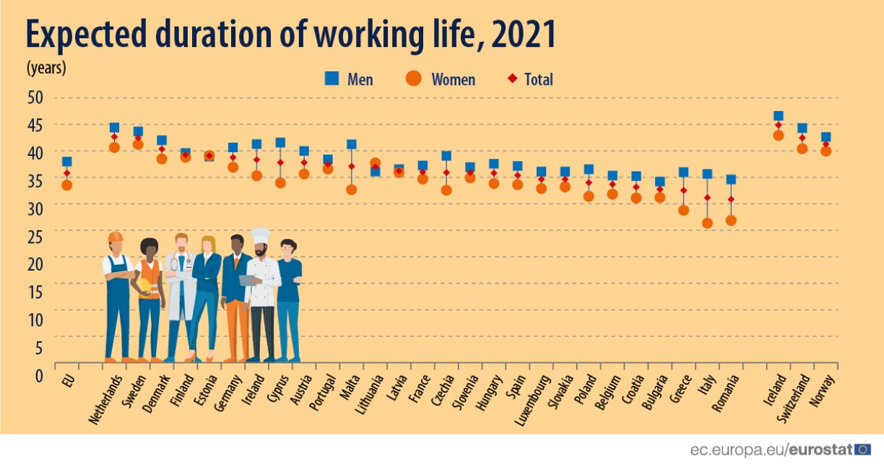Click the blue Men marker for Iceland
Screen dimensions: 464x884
coord(778,116)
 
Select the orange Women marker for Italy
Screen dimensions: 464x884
coord(707,223)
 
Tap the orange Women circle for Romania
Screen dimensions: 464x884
coord(731,220)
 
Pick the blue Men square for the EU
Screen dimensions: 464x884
coord(66,162)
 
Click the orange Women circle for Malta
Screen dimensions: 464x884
coord(352,190)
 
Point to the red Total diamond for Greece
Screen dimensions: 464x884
coord(683,191)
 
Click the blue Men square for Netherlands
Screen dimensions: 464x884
coord(114,128)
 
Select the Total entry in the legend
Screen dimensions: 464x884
coord(531,79)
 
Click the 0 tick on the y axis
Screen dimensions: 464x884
coord(39,375)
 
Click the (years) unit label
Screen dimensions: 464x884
coord(46,68)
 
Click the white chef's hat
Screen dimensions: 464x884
coord(260,236)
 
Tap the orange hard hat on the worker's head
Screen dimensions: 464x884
coord(116,237)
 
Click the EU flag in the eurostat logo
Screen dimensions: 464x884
coord(863,449)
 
